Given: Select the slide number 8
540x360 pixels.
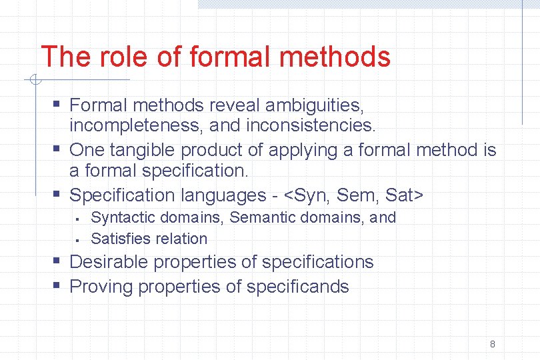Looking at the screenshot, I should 492,344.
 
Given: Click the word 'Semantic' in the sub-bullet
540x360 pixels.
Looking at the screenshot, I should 260,217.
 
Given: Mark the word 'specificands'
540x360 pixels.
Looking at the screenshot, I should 297,287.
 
